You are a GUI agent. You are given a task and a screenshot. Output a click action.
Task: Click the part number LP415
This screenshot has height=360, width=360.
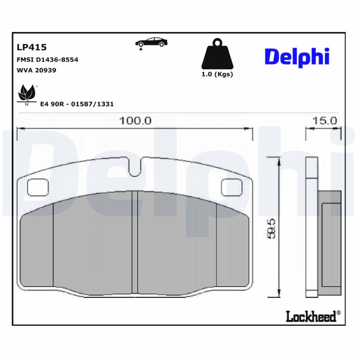[31, 47]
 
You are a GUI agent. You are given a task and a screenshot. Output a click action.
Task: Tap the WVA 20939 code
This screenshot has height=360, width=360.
[36, 70]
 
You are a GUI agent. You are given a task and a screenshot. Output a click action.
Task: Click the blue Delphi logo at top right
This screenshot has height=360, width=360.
[297, 57]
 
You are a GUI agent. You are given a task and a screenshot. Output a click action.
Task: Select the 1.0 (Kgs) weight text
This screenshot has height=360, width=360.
[217, 74]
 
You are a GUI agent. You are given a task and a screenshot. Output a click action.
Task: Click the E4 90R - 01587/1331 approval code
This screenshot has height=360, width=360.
[77, 104]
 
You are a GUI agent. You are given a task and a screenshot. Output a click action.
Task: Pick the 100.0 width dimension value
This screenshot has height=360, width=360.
[135, 121]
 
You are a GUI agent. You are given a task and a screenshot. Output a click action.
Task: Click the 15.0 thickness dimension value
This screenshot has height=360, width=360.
[325, 121]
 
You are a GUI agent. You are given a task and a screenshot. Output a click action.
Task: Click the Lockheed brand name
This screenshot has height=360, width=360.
[310, 316]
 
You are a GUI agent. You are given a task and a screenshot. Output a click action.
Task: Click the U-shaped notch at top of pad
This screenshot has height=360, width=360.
[135, 167]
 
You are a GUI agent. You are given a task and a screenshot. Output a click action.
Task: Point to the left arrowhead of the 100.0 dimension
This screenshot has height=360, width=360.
[20, 129]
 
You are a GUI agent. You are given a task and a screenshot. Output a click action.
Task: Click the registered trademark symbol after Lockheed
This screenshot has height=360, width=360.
[339, 313]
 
